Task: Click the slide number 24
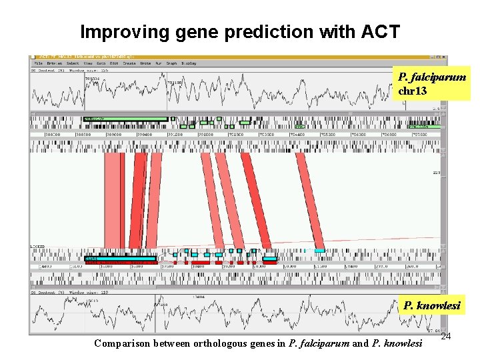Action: coord(446,337)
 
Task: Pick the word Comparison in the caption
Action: coord(123,344)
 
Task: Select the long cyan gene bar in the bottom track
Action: coord(120,258)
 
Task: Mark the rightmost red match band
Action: coord(310,200)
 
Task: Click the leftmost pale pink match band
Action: coord(113,200)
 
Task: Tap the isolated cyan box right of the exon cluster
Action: coord(320,251)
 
